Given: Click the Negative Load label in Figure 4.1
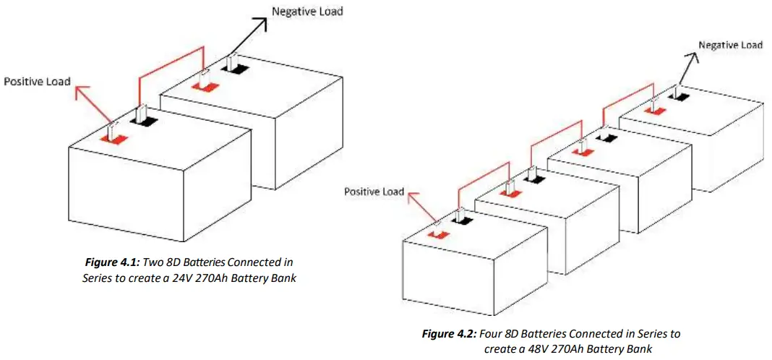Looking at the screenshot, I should tap(307, 12).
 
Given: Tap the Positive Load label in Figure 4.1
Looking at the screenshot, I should tap(38, 81).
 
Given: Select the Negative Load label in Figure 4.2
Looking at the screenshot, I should tap(730, 45).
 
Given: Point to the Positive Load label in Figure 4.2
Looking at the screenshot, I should tap(374, 192).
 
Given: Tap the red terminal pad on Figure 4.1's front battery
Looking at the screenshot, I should tap(111, 137).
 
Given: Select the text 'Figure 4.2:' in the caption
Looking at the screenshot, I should tap(447, 334).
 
